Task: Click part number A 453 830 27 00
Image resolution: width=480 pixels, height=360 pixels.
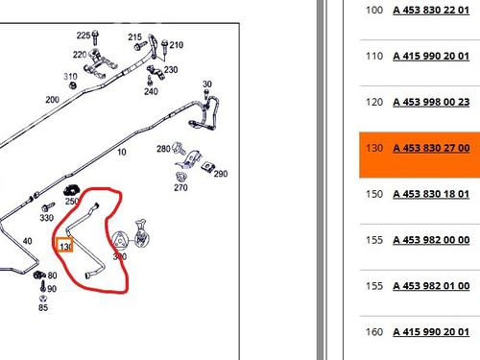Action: pyautogui.click(x=431, y=148)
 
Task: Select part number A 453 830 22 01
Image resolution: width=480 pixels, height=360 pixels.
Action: pyautogui.click(x=431, y=10)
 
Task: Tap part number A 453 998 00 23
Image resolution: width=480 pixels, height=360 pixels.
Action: pyautogui.click(x=431, y=102)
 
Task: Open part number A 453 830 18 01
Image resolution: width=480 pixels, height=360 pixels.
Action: pyautogui.click(x=431, y=194)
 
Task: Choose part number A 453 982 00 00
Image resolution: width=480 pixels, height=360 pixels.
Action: pyautogui.click(x=431, y=240)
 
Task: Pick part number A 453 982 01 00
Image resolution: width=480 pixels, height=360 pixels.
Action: pyautogui.click(x=431, y=286)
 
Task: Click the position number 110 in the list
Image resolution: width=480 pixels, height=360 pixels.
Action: pyautogui.click(x=374, y=56)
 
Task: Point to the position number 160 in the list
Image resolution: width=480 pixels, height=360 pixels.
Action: pyautogui.click(x=374, y=332)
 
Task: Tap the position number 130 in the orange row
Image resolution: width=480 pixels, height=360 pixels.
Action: pyautogui.click(x=374, y=148)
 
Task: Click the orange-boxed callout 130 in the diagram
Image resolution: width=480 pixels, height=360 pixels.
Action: pyautogui.click(x=65, y=245)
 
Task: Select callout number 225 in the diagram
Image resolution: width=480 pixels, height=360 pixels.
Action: pyautogui.click(x=84, y=36)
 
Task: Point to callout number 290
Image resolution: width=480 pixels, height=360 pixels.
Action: pyautogui.click(x=221, y=174)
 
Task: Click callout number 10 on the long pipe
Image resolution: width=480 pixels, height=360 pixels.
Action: pyautogui.click(x=122, y=152)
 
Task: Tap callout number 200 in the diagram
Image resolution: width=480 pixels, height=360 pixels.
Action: pyautogui.click(x=52, y=100)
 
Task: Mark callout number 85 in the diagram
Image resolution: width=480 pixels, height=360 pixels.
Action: pyautogui.click(x=43, y=307)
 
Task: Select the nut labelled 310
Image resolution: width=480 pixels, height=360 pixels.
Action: pyautogui.click(x=73, y=85)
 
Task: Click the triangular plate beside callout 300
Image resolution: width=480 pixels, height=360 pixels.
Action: pyautogui.click(x=119, y=240)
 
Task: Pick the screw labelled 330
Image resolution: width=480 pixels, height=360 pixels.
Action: pyautogui.click(x=48, y=206)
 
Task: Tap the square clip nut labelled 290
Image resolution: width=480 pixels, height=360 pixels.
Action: pyautogui.click(x=207, y=166)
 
